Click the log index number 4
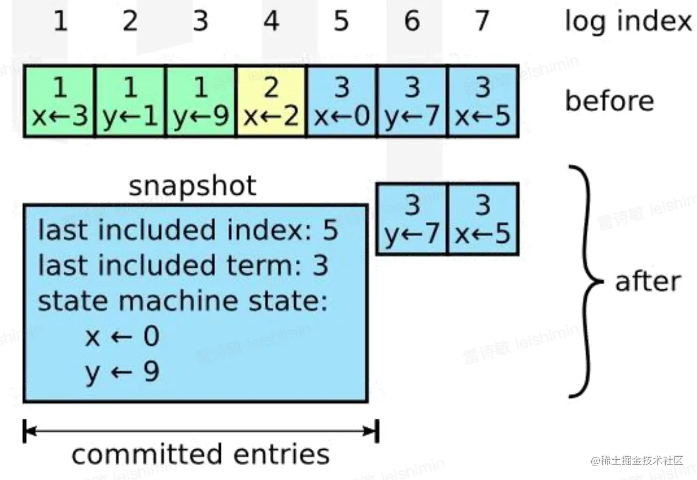270,21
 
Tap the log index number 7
482,21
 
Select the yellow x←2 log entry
271,102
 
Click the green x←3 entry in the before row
60,102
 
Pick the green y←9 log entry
201,102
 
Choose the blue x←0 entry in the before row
342,102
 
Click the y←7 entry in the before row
412,102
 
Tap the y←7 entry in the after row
412,219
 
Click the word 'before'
609,101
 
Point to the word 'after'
647,282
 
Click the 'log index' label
628,22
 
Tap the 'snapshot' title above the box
192,186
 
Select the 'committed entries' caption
201,454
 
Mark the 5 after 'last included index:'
330,231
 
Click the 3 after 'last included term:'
320,265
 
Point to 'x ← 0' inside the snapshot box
122,337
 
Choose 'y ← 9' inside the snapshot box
122,372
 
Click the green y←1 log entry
130,102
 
